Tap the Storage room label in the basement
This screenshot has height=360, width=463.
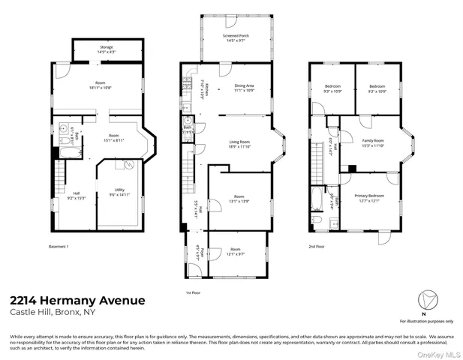coord(105,49)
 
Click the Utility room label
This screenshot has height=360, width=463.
coord(119,193)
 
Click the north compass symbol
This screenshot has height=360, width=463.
coord(423,303)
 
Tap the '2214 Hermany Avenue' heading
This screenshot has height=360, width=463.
coord(78,301)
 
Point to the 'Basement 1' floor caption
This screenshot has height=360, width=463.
coord(59,246)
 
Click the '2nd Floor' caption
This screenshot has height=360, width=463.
coord(316,246)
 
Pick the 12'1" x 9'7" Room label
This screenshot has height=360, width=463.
coord(236,251)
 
